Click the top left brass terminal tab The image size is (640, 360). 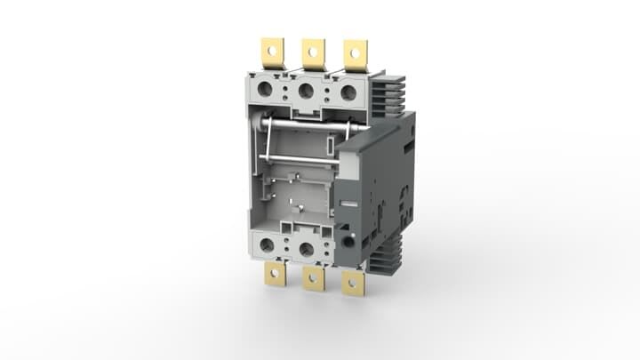pos(271,51)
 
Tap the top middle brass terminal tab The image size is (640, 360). pos(313,52)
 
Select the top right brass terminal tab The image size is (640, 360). pos(356,52)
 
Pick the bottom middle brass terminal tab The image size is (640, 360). pos(313,277)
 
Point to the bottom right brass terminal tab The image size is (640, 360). pos(353,282)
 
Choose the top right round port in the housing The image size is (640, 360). pos(348,92)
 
